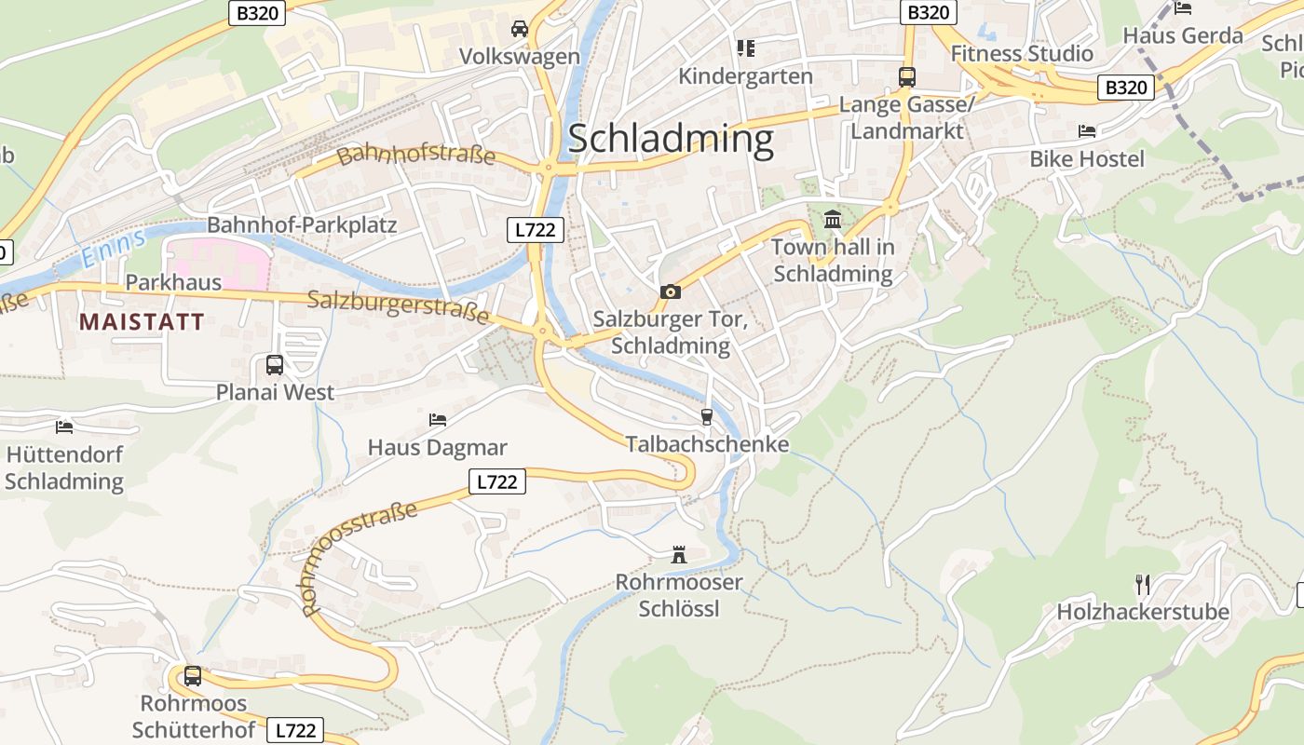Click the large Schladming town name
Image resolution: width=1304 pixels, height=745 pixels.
[670, 139]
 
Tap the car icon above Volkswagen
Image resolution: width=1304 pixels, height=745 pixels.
[520, 29]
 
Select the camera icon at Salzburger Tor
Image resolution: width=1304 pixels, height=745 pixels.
[670, 292]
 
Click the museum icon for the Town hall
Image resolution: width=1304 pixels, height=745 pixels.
[832, 220]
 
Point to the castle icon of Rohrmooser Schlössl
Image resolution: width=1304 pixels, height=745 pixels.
[679, 555]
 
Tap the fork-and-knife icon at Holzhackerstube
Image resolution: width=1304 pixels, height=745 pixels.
[1143, 585]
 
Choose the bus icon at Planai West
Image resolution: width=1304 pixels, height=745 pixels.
[275, 365]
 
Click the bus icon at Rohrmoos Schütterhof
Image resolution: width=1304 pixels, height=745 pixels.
[193, 676]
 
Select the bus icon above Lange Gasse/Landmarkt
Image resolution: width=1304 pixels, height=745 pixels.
[906, 77]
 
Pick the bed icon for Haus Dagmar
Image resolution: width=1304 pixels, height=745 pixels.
[438, 420]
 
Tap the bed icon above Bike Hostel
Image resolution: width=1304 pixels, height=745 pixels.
[1086, 131]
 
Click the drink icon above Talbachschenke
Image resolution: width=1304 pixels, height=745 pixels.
[706, 416]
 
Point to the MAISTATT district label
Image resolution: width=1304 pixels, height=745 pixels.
[142, 322]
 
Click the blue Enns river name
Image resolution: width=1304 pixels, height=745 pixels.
[113, 248]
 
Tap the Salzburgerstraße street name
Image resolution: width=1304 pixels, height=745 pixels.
[398, 305]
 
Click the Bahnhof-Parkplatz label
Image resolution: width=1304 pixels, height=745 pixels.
[302, 225]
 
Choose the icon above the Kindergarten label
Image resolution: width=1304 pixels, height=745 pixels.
[745, 47]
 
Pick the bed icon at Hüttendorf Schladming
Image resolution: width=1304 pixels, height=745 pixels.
[64, 427]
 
